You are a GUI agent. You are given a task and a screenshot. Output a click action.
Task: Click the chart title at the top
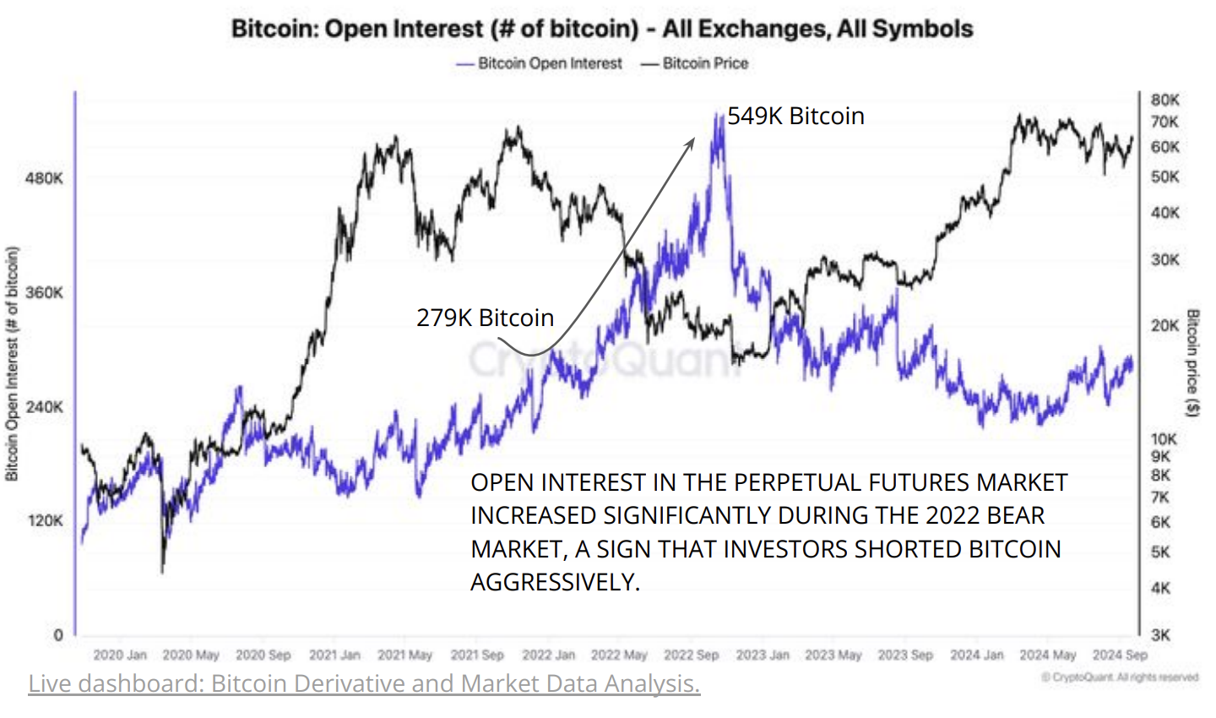pos(601,29)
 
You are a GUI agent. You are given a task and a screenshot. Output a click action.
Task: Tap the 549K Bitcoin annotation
pos(795,116)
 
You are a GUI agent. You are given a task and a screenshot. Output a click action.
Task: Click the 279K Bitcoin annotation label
pos(485,318)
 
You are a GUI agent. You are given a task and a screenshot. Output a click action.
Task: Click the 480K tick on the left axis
pos(45,178)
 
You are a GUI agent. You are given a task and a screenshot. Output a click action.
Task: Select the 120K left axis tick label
pos(45,521)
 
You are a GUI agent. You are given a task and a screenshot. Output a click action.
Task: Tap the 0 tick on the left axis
pos(57,635)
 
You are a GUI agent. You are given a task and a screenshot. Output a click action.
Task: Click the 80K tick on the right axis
pos(1164,100)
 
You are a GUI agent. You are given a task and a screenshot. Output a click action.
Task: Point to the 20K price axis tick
pos(1164,325)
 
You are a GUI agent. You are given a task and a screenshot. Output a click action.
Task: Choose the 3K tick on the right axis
pos(1160,635)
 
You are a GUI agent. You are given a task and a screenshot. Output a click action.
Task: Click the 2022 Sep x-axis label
pos(691,655)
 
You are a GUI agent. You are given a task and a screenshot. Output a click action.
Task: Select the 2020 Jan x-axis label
pos(119,655)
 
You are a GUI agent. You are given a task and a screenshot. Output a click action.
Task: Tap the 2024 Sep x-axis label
pos(1120,655)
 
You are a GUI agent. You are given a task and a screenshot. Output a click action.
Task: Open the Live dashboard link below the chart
pos(364,683)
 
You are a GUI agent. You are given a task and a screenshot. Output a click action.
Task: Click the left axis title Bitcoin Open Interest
pos(12,364)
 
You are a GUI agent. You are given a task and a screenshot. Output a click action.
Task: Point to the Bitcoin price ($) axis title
pos(1193,363)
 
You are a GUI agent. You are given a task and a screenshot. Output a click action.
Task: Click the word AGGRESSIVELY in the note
pos(555,582)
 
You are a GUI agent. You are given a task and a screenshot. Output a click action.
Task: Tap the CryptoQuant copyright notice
pos(1119,677)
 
